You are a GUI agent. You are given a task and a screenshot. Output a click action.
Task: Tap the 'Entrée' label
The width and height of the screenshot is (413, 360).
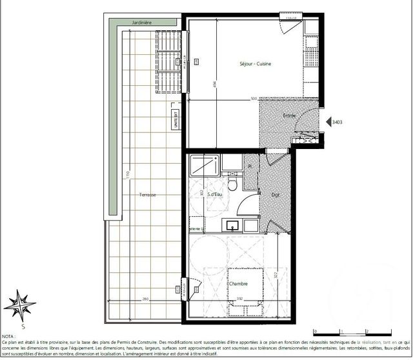coord(290,115)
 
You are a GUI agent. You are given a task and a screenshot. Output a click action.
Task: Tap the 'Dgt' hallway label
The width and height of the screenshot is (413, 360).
coord(275,194)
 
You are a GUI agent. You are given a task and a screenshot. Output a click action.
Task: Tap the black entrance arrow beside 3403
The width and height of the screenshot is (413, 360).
coord(328,121)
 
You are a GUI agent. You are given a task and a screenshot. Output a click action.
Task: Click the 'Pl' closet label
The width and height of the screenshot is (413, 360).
coord(249,166)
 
